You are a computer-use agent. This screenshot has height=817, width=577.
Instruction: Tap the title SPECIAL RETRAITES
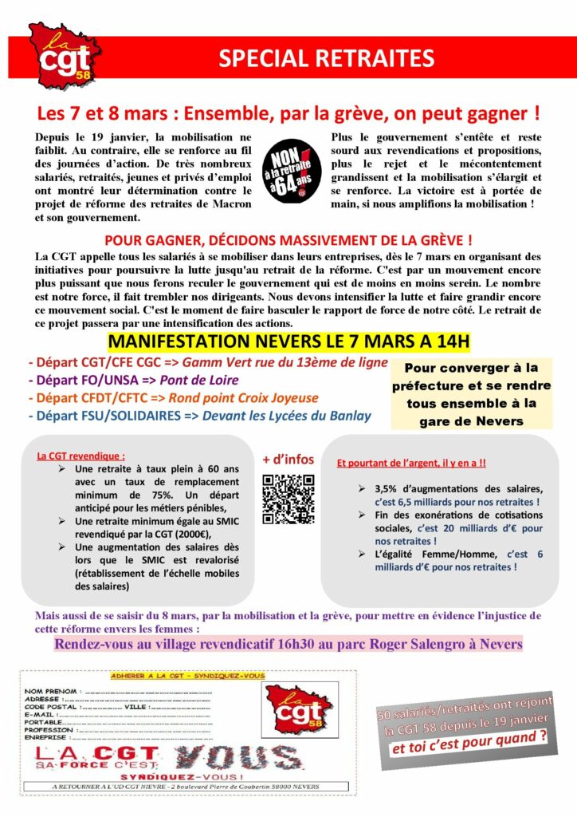click(327, 58)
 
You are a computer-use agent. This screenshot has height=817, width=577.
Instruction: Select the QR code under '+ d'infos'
click(288, 499)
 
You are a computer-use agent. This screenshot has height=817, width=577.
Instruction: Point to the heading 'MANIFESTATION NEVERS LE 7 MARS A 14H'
click(288, 342)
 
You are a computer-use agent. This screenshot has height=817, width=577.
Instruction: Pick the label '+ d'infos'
click(288, 460)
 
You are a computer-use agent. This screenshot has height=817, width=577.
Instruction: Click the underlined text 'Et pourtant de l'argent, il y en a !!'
click(412, 462)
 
